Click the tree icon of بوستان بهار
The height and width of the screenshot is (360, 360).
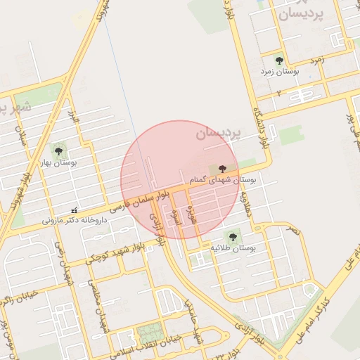click(58, 150)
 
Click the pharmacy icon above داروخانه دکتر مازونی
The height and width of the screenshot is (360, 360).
click(75, 210)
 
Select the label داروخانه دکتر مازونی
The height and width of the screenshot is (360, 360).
click(73, 219)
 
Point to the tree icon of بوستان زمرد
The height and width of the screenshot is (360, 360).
click(279, 61)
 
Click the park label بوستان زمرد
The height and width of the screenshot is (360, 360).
click(281, 72)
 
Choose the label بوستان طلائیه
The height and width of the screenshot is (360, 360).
click(233, 249)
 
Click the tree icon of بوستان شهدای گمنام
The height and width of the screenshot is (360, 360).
click(223, 169)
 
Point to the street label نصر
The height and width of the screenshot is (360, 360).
click(294, 231)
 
